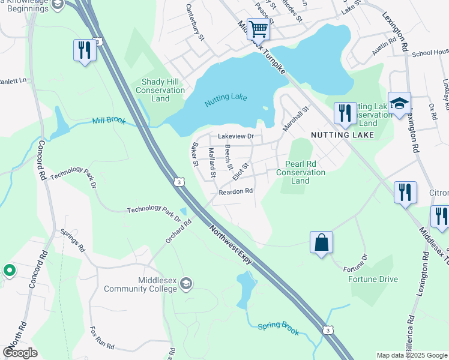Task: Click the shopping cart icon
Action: click(258, 29)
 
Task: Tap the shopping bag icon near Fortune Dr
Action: click(322, 242)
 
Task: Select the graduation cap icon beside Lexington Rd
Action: click(399, 103)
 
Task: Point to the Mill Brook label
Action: click(109, 121)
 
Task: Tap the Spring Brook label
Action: click(278, 328)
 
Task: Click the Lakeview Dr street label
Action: click(236, 137)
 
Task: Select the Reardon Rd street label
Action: click(236, 191)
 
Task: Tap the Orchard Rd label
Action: click(178, 231)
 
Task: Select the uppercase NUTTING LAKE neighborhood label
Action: click(343, 135)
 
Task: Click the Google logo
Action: click(20, 352)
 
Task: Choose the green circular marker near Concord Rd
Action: click(9, 271)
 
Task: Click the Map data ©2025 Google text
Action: click(411, 355)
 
